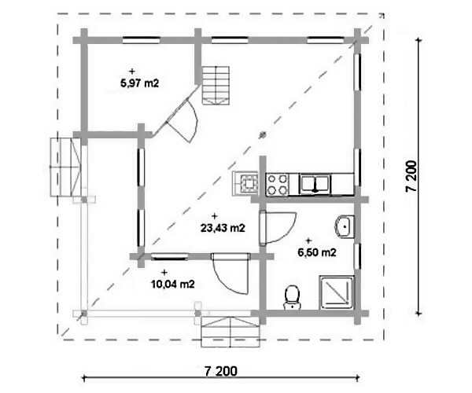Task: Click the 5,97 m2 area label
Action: click(139, 83)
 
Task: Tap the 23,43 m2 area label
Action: click(223, 228)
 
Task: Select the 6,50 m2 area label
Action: click(317, 252)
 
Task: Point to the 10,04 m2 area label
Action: click(173, 285)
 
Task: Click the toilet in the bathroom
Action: click(293, 297)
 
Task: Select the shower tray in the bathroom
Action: click(337, 292)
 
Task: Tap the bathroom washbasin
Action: click(344, 226)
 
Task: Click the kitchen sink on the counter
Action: click(315, 185)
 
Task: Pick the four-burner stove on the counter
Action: click(277, 185)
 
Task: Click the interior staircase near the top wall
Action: click(216, 86)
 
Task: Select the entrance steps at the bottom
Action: click(230, 331)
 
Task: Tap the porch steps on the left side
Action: click(65, 167)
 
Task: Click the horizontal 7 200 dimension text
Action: click(220, 371)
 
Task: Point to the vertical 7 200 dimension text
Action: click(411, 176)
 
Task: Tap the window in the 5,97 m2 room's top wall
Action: click(141, 40)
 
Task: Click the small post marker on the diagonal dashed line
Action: click(263, 134)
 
